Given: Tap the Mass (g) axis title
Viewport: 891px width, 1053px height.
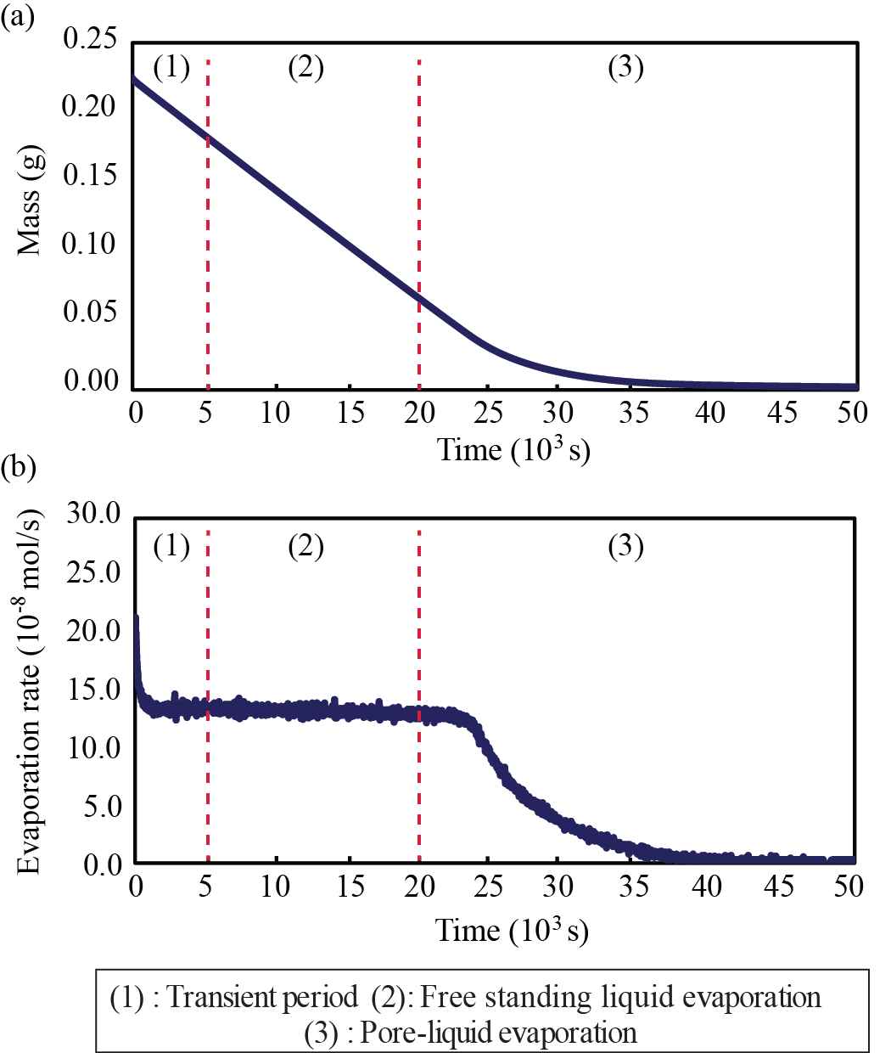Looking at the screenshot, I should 31,212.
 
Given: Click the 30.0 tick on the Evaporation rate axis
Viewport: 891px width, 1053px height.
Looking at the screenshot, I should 94,515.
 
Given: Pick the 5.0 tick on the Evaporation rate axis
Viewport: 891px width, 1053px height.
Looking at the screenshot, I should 102,807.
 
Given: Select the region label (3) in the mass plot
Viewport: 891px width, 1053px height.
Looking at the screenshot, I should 626,67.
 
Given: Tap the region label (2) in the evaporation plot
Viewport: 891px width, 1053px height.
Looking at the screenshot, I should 305,547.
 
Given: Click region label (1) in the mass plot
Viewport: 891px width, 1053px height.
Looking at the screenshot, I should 172,67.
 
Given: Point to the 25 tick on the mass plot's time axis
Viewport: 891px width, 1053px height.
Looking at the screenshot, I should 487,414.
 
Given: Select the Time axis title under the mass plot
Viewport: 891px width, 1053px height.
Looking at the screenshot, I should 513,449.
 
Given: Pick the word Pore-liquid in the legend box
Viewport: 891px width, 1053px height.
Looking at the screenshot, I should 424,1033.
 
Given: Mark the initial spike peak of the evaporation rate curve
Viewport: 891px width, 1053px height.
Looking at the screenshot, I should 136,618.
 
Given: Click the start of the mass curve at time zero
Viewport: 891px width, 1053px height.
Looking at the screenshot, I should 134,78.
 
